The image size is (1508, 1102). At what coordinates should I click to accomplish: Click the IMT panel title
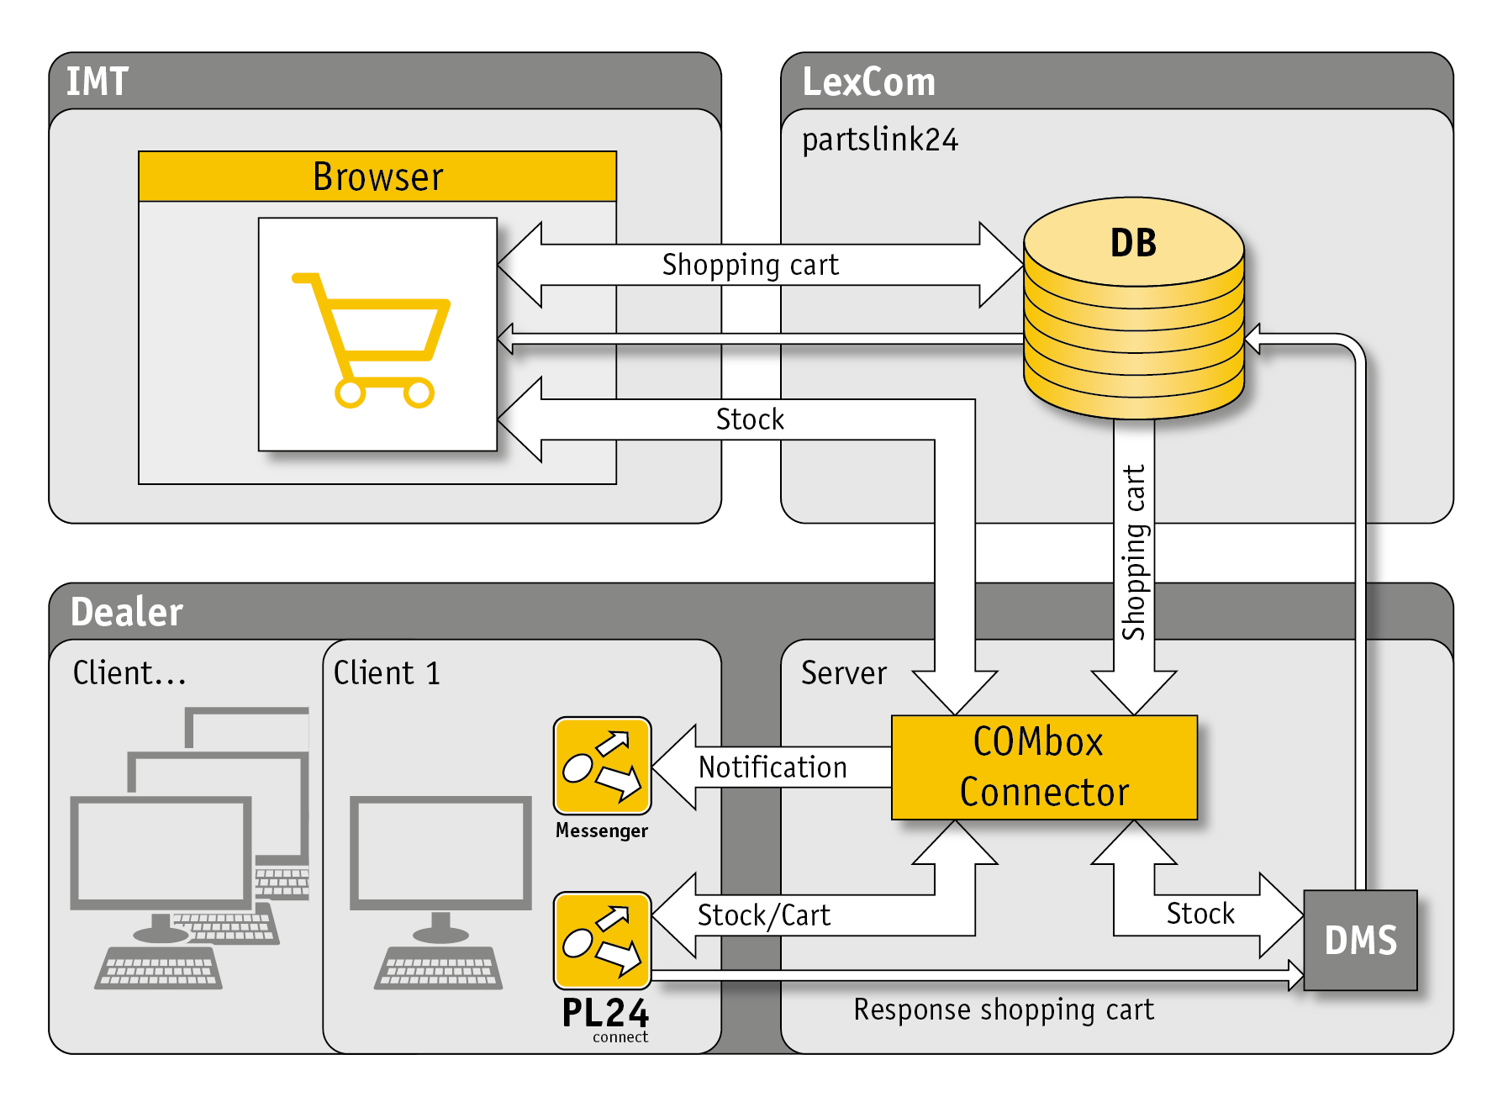click(x=98, y=82)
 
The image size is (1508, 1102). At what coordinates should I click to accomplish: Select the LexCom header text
click(x=868, y=82)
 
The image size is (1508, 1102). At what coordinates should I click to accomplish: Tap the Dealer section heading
click(x=127, y=611)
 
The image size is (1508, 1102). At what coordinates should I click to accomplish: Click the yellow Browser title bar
click(x=377, y=177)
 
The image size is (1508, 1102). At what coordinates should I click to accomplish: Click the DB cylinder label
click(x=1133, y=243)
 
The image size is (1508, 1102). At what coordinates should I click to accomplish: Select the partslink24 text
click(x=879, y=140)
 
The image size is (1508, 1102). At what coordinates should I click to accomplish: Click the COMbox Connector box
click(x=1044, y=767)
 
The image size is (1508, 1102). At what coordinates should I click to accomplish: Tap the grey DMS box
click(x=1360, y=940)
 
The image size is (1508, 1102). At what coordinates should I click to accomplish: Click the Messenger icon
click(x=602, y=766)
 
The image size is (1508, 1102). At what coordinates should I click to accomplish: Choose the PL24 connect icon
click(x=602, y=941)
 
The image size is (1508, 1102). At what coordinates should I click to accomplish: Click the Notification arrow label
click(x=772, y=767)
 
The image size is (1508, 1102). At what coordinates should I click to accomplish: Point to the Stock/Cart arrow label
click(x=763, y=915)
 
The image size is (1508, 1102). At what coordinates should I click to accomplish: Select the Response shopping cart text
click(x=1004, y=1010)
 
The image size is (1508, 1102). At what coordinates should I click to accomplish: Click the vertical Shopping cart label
click(x=1134, y=552)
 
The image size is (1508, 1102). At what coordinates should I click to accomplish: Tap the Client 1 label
click(x=387, y=672)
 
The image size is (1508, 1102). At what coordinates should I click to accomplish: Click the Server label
click(x=844, y=672)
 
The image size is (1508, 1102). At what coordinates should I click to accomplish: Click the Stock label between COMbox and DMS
click(x=1200, y=913)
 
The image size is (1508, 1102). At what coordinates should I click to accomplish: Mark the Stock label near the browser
click(x=750, y=419)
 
